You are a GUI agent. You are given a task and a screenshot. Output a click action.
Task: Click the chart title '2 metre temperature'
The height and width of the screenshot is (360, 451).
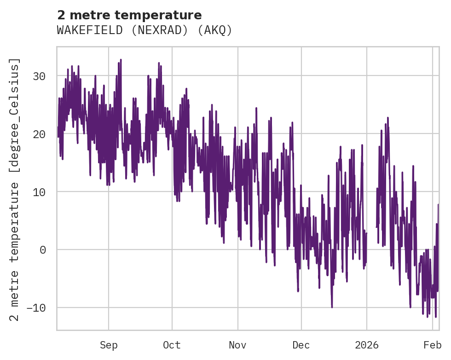click(x=129, y=15)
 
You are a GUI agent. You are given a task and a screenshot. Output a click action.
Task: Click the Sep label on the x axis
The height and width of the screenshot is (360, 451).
click(x=109, y=345)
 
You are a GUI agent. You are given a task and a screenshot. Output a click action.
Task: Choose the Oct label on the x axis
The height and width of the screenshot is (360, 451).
click(x=172, y=345)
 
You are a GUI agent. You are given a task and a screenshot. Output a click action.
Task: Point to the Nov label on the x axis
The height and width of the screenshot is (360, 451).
click(x=238, y=345)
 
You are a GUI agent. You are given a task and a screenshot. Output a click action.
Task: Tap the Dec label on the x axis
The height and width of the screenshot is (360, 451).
click(x=301, y=345)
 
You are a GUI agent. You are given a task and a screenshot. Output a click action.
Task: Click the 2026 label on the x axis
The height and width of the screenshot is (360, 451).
click(x=367, y=345)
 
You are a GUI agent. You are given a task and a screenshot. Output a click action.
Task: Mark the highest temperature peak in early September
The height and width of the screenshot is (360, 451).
click(x=121, y=60)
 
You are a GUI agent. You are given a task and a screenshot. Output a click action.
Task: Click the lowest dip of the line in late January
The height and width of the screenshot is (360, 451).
click(x=435, y=317)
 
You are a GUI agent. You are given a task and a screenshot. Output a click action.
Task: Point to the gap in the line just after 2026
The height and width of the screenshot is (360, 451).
click(x=371, y=216)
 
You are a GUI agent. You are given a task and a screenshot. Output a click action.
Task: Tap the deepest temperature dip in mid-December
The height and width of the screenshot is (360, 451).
click(x=331, y=307)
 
